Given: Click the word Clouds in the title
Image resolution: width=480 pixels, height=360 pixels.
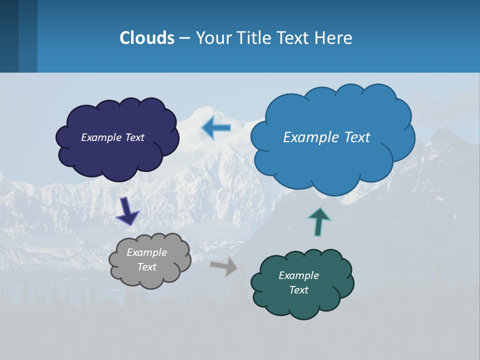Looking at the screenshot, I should click(147, 38).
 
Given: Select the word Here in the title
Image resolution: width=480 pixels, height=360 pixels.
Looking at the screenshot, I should click(334, 38).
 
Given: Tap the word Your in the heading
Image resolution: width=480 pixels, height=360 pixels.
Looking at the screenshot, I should click(212, 38).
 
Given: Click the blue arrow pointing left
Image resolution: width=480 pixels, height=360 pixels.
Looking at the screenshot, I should click(216, 128).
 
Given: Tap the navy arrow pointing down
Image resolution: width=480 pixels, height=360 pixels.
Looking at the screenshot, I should click(127, 211).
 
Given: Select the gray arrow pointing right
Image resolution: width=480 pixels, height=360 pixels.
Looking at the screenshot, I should click(224, 266).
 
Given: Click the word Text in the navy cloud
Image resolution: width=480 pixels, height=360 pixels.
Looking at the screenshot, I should click(134, 137).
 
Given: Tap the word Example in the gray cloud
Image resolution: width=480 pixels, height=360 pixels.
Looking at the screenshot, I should click(146, 252).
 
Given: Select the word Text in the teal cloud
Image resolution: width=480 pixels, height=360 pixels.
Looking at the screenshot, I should click(298, 290).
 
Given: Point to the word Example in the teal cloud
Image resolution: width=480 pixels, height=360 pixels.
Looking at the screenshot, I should click(298, 275).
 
